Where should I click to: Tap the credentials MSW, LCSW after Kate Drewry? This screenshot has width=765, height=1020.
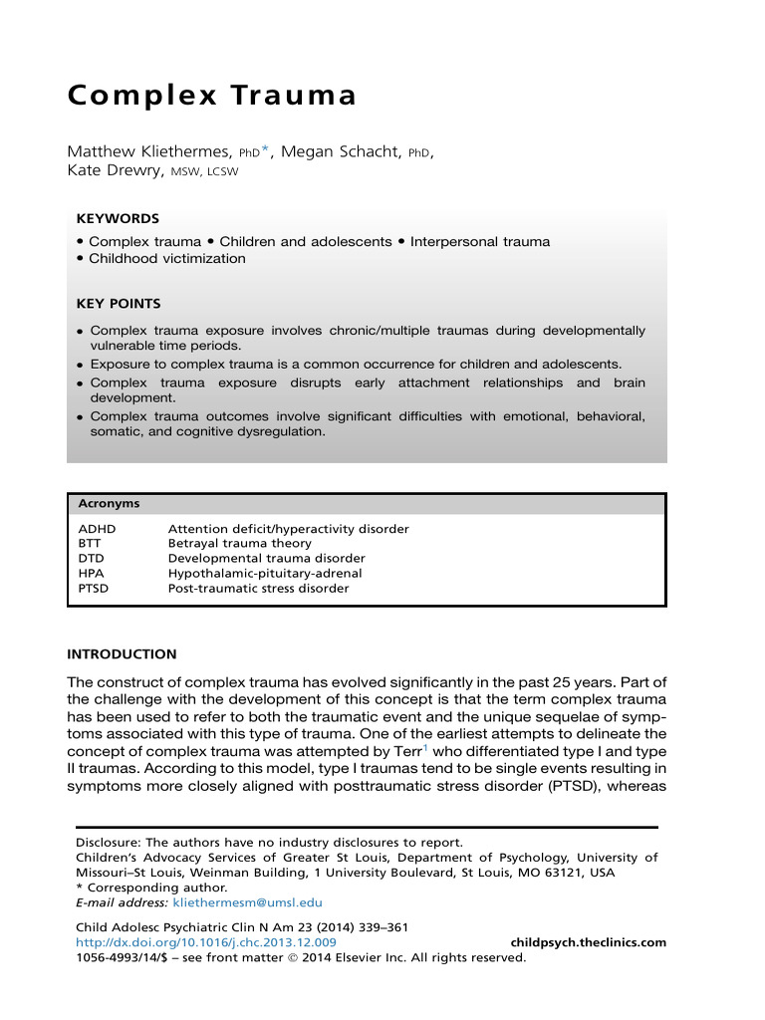205,171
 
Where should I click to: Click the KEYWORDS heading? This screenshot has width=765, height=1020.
118,218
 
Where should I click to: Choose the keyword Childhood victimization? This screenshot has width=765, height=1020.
166,259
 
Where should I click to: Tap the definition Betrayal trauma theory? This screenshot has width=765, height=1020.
239,544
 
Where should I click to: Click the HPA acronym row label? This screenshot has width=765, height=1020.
92,574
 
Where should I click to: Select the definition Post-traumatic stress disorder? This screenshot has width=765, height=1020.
258,589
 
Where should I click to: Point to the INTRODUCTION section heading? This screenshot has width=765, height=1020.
122,654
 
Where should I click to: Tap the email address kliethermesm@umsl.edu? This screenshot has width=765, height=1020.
247,902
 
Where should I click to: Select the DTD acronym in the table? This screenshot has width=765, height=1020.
91,559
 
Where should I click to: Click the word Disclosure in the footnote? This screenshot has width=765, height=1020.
110,843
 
